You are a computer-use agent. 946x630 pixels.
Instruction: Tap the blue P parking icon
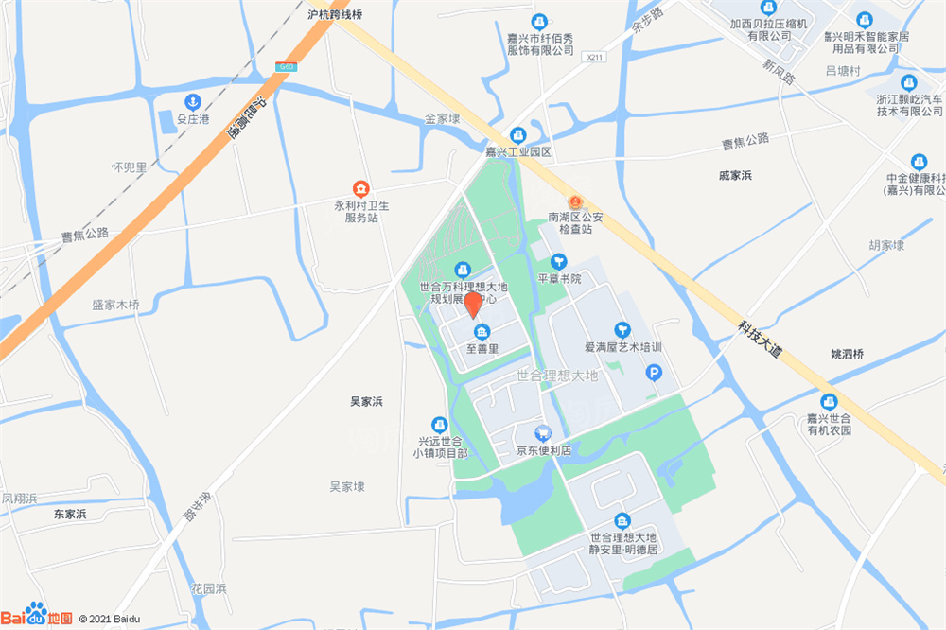(654, 375)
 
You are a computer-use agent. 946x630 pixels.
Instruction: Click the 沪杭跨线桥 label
(335, 14)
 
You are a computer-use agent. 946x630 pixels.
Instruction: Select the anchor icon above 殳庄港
(192, 102)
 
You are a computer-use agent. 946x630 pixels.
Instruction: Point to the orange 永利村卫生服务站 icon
(360, 188)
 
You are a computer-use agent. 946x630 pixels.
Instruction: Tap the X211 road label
(594, 57)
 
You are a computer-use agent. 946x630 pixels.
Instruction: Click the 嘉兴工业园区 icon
(518, 135)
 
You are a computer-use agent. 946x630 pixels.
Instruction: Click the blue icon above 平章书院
(558, 261)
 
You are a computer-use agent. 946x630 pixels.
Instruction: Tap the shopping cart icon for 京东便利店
(542, 431)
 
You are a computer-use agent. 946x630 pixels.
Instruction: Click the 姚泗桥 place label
(847, 354)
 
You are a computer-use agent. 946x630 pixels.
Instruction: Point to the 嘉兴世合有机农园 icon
(829, 401)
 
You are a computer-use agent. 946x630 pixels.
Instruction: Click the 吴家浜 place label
(366, 402)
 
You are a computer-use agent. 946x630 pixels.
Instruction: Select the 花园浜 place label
(208, 588)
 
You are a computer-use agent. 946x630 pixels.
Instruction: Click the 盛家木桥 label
(115, 305)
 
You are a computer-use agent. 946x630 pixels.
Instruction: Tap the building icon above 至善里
(482, 331)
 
